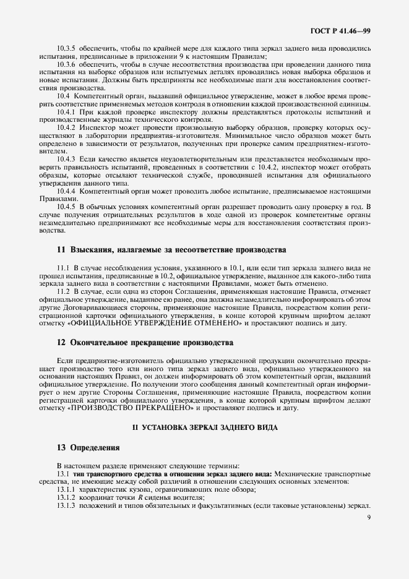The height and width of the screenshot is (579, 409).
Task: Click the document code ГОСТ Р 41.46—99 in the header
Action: (346, 29)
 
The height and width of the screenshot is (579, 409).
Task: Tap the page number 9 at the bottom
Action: (369, 517)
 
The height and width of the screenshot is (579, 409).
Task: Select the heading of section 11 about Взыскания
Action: (163, 250)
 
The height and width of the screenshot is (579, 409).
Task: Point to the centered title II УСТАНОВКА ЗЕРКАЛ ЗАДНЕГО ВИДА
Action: (205, 428)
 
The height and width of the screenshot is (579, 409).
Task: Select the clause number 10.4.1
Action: (66, 112)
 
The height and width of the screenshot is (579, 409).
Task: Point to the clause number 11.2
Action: (63, 290)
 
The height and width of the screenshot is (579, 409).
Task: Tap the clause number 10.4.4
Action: (66, 191)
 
